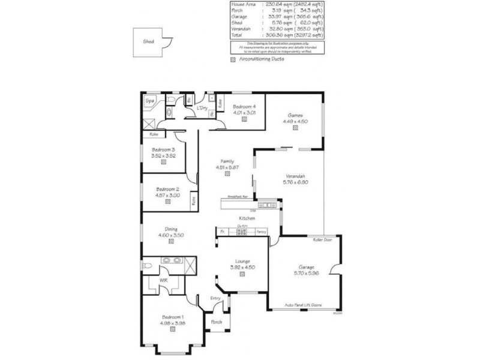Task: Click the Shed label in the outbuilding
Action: tap(148, 43)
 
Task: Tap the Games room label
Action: tap(295, 115)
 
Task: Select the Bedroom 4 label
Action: tap(244, 106)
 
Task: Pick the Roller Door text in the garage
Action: tap(322, 239)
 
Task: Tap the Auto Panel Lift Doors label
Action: tap(303, 305)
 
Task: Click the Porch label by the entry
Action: tap(217, 322)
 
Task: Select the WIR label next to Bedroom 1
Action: tap(163, 281)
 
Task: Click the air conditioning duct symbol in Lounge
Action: tap(242, 274)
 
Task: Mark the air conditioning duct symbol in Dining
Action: tap(171, 241)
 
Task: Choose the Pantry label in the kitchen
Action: tap(261, 231)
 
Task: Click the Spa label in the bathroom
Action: tap(149, 101)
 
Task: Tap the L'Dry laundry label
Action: tap(202, 108)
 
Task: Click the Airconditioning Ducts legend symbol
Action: tap(233, 59)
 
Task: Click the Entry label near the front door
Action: tap(215, 298)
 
